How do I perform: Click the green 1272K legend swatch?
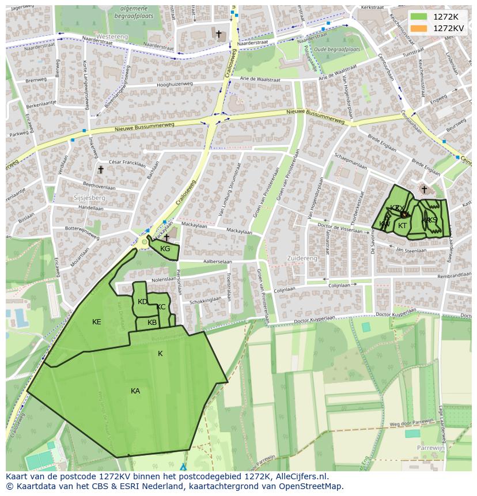[x=419, y=17]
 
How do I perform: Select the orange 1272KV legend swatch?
[x=419, y=28]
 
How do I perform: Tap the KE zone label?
[x=97, y=322]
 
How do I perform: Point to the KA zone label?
[x=135, y=391]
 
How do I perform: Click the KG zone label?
[x=165, y=249]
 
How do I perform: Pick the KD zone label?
[x=142, y=302]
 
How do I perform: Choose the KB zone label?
[x=152, y=323]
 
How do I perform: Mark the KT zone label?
[x=403, y=226]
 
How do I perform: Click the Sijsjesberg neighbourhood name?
[x=89, y=198]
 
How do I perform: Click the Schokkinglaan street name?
[x=205, y=300]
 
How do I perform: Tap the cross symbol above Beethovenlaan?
[x=101, y=170]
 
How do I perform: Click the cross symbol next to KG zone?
[x=166, y=237]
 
